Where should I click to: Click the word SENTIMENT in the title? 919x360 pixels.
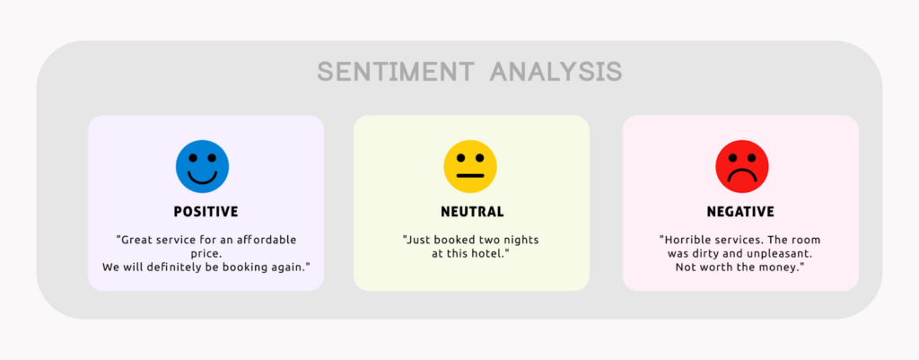396,72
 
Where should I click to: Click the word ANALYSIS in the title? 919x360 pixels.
556,72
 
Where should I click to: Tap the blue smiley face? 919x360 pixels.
202,166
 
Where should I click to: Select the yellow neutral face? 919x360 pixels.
470,166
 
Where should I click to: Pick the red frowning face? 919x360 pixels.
741,166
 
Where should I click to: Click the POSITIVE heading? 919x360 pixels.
206,212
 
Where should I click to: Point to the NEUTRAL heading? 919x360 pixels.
471,212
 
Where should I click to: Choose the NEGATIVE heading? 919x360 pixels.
740,212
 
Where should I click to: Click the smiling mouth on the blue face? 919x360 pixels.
202,177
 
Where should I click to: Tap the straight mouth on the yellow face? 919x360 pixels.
470,176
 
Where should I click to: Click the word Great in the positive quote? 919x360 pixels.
139,240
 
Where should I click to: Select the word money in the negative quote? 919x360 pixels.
779,268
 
